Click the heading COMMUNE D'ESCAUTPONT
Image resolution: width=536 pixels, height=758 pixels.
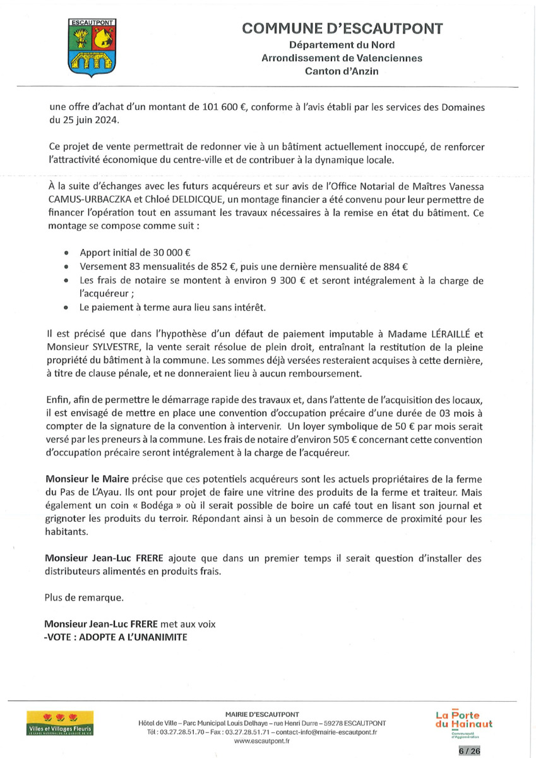point(342,28)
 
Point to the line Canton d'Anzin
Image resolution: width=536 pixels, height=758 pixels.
point(342,71)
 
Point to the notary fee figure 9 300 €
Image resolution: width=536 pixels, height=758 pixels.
point(282,279)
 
